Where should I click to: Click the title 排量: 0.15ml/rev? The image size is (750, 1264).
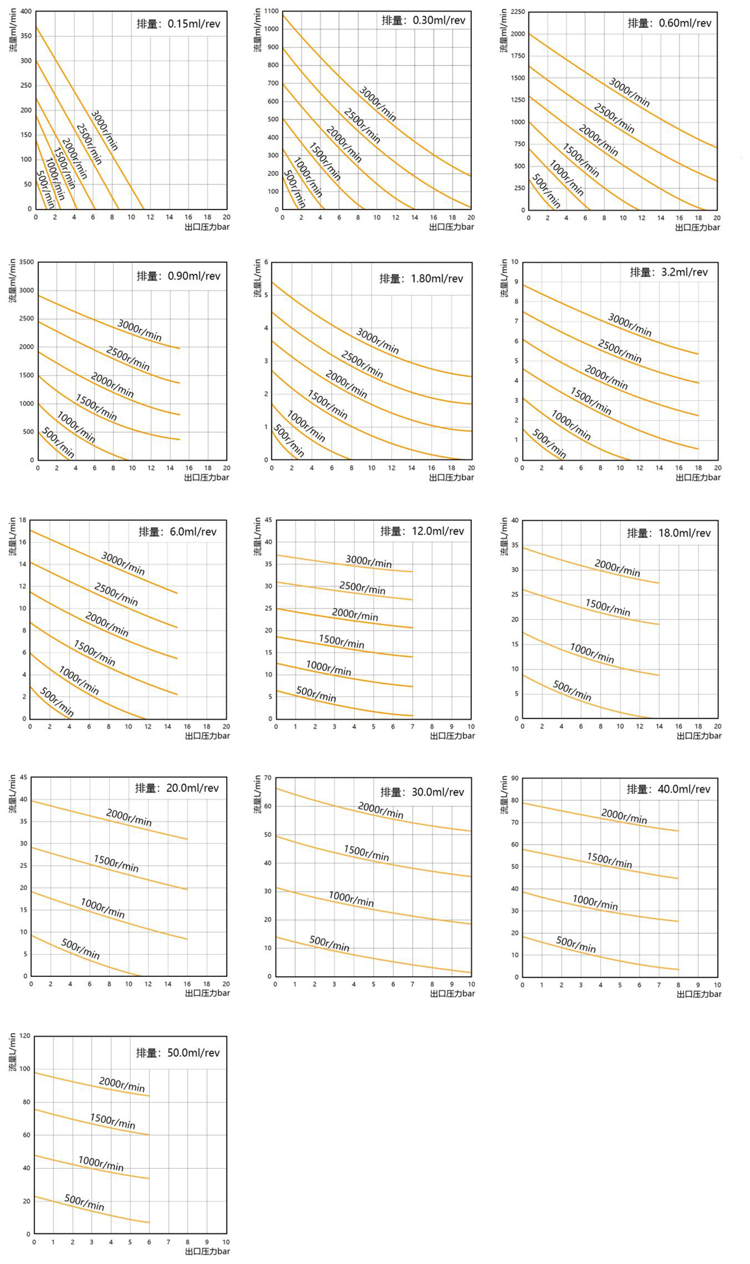(x=178, y=24)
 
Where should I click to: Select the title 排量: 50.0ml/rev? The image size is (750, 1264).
(x=178, y=1052)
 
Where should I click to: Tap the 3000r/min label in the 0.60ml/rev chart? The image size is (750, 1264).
(x=629, y=92)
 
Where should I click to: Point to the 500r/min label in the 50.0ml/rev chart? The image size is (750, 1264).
(x=84, y=1202)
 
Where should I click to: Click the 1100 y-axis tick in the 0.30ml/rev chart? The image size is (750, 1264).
(x=272, y=11)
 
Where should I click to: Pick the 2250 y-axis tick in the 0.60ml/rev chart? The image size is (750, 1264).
(x=518, y=12)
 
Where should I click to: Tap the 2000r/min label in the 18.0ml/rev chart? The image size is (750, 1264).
(x=617, y=567)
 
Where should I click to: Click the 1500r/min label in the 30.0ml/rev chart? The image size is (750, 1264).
(x=366, y=852)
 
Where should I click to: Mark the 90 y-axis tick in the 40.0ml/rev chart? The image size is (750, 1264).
(x=515, y=779)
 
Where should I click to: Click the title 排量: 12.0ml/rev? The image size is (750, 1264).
(x=422, y=531)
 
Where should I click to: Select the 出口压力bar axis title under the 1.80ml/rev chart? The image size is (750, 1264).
(x=452, y=478)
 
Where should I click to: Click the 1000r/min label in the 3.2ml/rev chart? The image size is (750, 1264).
(x=571, y=425)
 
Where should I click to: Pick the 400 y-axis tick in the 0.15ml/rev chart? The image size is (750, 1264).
(x=25, y=12)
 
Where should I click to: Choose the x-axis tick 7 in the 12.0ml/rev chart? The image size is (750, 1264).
(x=413, y=727)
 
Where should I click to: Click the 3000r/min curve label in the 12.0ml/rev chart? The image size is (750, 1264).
(x=369, y=561)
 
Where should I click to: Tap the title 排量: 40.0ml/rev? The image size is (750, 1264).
(x=669, y=789)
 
